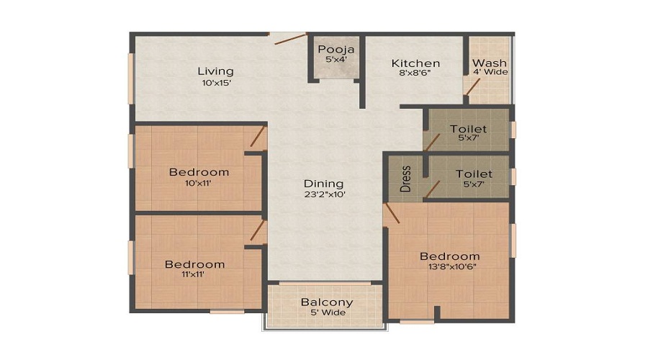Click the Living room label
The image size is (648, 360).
[216, 71]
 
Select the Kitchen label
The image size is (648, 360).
[415, 63]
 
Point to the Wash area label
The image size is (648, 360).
[489, 63]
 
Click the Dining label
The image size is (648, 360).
[323, 184]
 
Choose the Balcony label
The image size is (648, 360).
[326, 302]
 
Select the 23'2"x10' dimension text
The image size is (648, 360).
[323, 194]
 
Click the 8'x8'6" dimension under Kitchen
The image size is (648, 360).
[415, 73]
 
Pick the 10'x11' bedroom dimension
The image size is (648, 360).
[199, 182]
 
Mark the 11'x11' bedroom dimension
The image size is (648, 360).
[194, 274]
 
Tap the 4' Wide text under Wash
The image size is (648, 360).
[489, 72]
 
